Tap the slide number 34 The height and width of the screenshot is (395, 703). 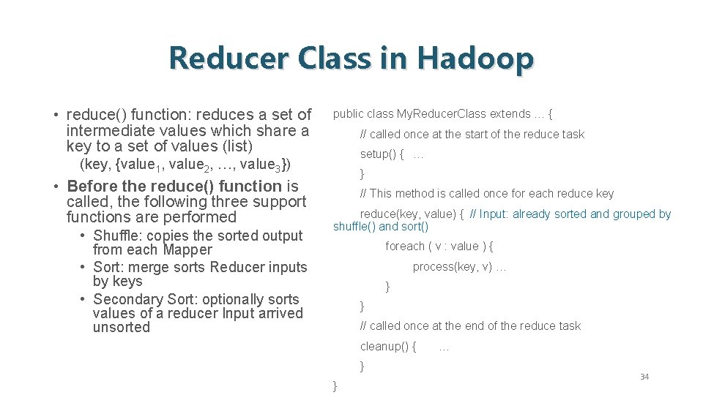644,377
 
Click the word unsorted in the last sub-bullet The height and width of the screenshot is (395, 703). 121,327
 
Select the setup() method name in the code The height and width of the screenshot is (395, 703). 382,154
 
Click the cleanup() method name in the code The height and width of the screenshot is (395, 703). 387,346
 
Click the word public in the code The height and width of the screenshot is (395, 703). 348,114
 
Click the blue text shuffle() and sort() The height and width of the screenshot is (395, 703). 381,227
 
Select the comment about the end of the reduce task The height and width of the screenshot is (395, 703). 470,326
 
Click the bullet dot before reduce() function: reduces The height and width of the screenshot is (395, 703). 56,116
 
